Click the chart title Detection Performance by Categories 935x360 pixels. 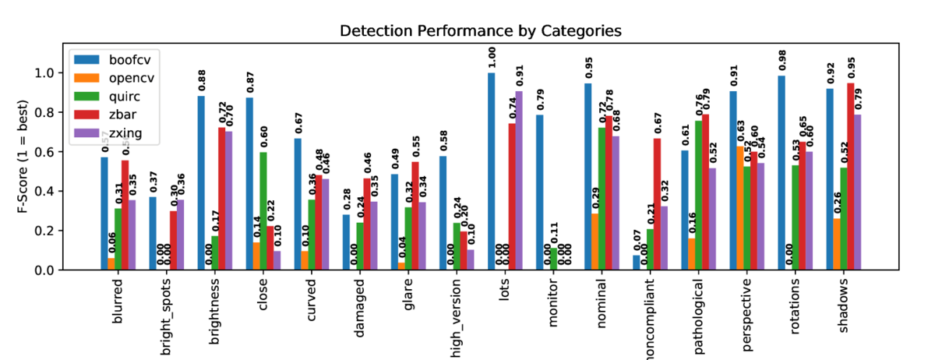480,31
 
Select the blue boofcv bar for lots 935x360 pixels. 492,171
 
